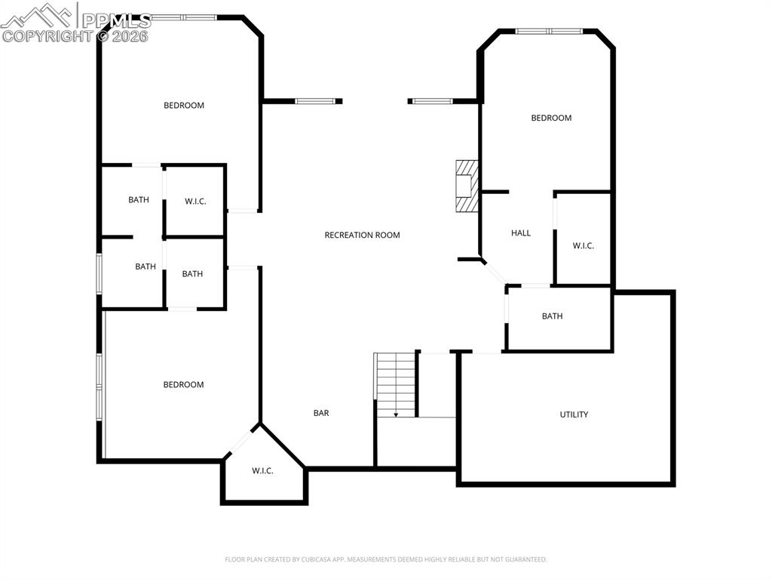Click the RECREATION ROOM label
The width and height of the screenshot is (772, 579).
(362, 235)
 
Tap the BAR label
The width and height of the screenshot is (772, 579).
(321, 413)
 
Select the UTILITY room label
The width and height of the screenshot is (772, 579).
(574, 414)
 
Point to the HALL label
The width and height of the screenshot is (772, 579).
(521, 233)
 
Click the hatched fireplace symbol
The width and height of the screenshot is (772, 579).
(467, 186)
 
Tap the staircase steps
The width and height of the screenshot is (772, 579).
(396, 381)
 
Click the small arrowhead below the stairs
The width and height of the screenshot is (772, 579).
(396, 414)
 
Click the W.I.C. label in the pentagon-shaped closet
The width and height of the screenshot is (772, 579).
(262, 471)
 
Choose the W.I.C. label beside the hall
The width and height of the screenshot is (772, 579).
(584, 245)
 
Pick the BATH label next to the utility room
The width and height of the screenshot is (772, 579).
(552, 316)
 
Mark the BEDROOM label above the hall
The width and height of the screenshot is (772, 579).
(551, 118)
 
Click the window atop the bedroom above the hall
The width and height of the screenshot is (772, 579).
(549, 32)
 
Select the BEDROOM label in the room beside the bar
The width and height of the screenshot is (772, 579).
(184, 385)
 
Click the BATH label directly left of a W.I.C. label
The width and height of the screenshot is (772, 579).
(139, 200)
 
